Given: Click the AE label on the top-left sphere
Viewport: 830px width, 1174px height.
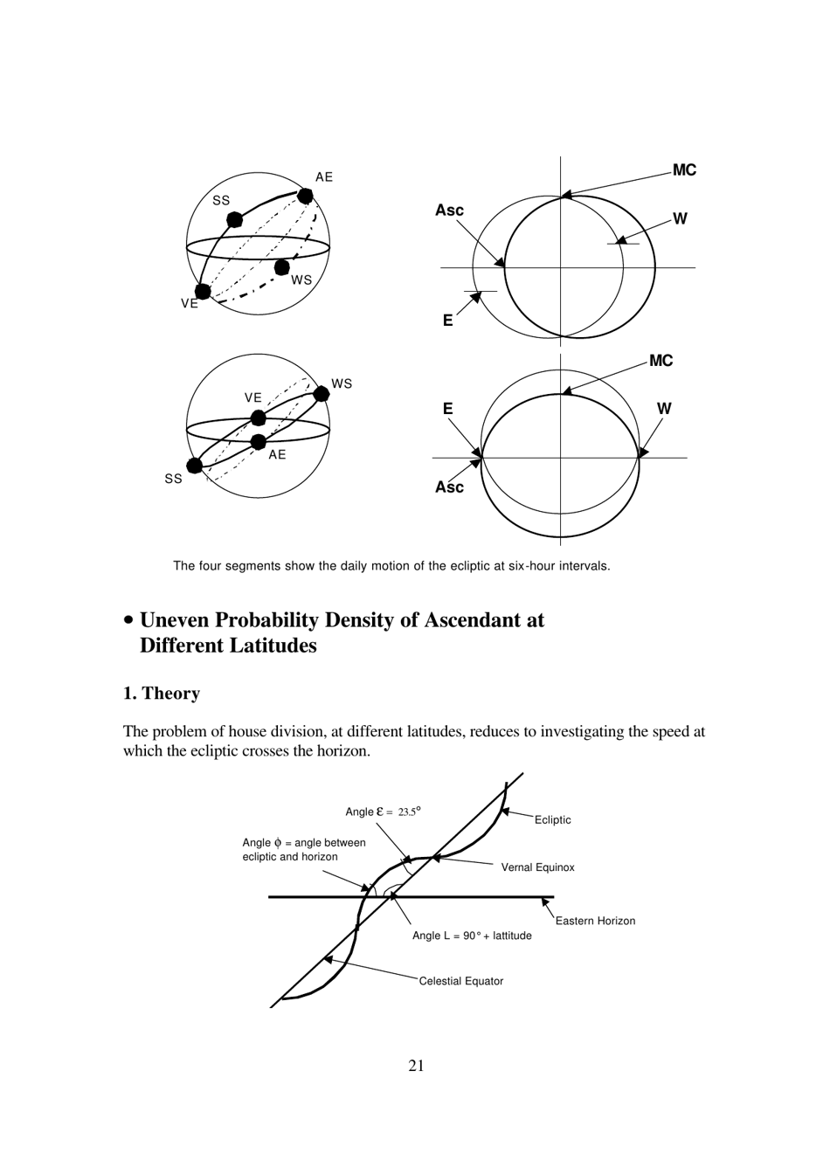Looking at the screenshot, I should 324,177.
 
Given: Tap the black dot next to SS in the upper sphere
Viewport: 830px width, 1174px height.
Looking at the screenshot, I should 234,219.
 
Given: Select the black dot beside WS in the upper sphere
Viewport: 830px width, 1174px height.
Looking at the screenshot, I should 281,266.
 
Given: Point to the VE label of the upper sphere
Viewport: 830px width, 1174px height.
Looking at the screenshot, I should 190,304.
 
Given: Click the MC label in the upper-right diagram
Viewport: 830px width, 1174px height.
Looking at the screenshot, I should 684,170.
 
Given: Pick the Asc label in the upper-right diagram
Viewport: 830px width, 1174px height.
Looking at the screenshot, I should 449,211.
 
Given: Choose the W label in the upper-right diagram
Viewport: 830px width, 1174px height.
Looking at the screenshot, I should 680,219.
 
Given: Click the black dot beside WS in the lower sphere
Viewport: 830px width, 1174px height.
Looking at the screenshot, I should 321,394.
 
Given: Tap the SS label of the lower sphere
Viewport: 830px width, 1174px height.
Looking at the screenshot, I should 173,479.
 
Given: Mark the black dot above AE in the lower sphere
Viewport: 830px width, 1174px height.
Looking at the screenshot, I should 258,442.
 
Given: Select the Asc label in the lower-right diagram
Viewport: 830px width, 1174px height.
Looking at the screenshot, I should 449,487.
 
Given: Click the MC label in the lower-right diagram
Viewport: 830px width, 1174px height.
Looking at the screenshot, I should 661,361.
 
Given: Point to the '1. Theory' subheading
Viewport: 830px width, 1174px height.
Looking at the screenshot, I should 162,694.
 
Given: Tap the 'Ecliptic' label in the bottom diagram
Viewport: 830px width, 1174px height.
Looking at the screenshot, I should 552,820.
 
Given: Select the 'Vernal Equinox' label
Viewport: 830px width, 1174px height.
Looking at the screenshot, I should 537,867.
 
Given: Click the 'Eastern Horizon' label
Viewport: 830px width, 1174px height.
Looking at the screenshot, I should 595,921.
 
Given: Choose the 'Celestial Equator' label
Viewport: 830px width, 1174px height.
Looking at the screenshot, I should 460,981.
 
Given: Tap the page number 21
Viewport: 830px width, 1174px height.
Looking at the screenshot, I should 416,1065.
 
